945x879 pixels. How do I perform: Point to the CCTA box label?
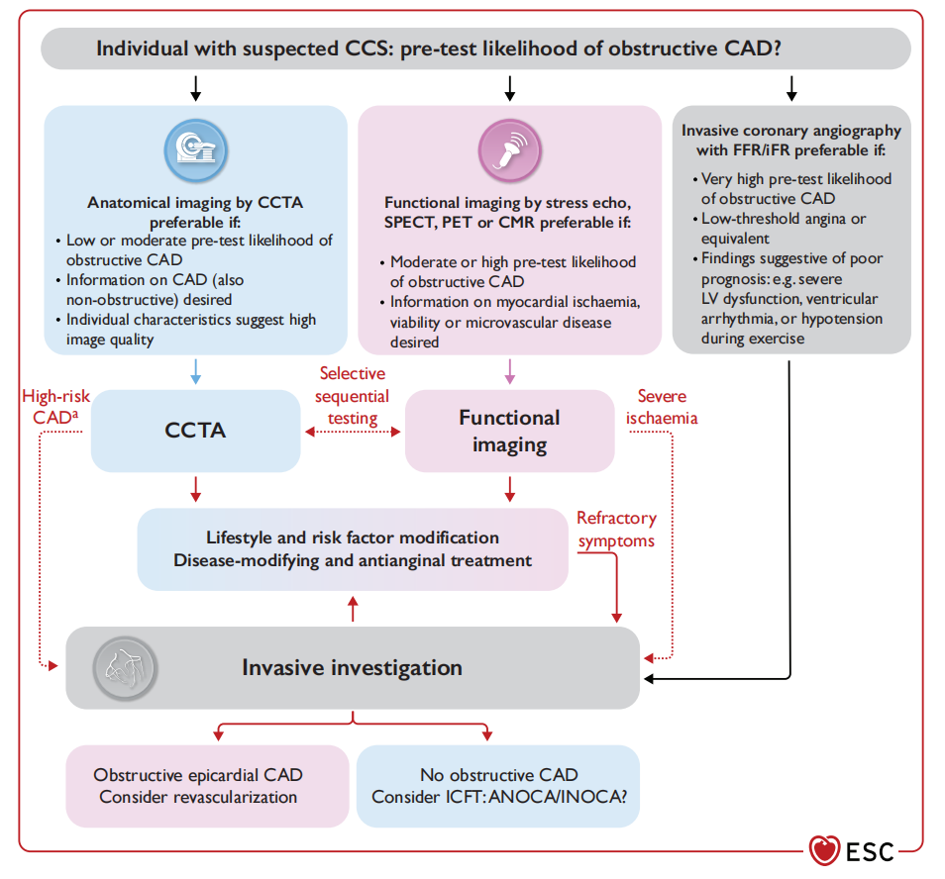click(195, 430)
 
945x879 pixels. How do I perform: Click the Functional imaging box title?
click(509, 431)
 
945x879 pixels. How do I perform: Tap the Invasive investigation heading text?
click(352, 668)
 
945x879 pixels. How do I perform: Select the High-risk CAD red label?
click(55, 407)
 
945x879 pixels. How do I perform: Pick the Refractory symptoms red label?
click(616, 530)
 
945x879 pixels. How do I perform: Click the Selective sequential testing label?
click(353, 396)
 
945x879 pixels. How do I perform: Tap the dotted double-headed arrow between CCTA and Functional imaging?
click(353, 432)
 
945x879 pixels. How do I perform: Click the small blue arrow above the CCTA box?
click(196, 372)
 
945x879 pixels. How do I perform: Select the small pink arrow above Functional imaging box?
click(509, 372)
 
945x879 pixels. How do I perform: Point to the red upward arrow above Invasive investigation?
click(353, 609)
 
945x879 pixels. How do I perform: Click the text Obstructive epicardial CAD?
click(198, 775)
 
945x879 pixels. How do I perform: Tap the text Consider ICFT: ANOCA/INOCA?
click(498, 797)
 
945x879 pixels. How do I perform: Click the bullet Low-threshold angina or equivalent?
click(783, 229)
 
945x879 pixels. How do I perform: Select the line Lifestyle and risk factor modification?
click(353, 538)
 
